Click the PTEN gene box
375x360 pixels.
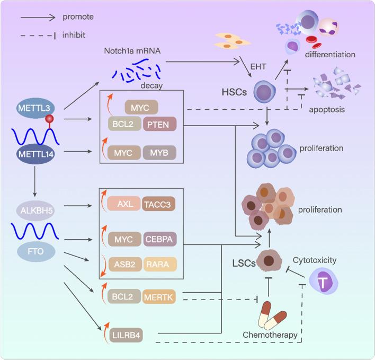(x=159, y=125)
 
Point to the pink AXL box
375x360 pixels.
(x=123, y=203)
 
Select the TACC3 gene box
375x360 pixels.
(x=160, y=203)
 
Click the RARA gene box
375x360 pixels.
(x=160, y=264)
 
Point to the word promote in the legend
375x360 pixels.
(x=78, y=17)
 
